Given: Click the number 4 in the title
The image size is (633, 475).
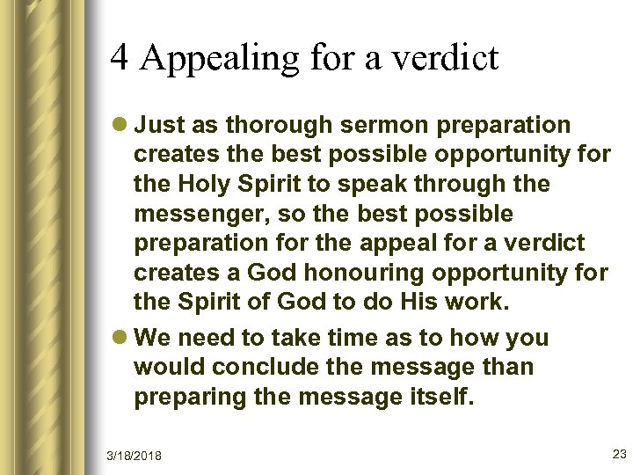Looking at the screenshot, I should click(120, 59).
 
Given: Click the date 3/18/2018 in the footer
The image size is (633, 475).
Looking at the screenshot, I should click(135, 454).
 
